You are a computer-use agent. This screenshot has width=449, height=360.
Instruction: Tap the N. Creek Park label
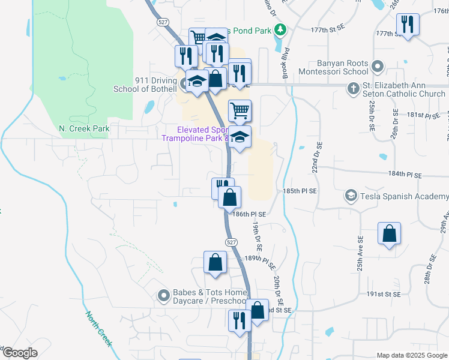point(84,128)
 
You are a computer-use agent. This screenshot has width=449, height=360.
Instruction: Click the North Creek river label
point(98,328)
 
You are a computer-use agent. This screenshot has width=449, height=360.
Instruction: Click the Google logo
point(19,353)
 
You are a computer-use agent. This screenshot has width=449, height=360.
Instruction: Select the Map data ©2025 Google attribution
point(411,355)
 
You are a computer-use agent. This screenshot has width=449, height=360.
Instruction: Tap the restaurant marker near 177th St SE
point(407,25)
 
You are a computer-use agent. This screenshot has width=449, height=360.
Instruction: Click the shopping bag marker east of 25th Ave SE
point(389,234)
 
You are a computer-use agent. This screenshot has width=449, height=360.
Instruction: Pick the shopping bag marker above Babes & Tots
point(215,262)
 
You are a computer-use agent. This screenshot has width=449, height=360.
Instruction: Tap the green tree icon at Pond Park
point(279,29)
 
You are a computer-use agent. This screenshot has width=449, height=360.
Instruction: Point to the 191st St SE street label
point(384,295)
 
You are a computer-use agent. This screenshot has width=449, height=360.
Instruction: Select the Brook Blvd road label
point(286,64)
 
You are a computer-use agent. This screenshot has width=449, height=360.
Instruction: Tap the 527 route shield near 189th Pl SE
point(232,241)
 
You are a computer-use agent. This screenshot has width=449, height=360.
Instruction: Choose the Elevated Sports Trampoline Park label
point(194,134)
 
